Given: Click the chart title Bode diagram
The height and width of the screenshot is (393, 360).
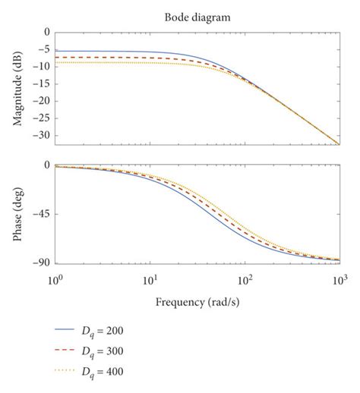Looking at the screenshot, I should coord(196,16).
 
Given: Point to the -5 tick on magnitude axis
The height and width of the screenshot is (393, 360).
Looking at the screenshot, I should coord(42,49).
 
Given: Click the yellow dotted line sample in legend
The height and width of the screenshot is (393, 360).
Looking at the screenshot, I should coord(67,372).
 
